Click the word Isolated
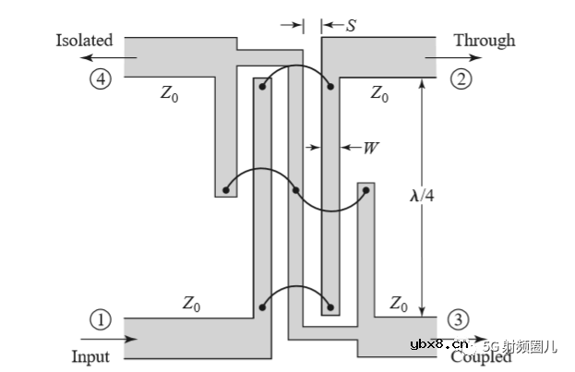point(84,41)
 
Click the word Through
point(485,41)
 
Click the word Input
point(90,356)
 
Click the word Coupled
point(483,356)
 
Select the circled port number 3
point(459,320)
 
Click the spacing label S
point(351,26)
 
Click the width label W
point(371,146)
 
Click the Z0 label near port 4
point(169,93)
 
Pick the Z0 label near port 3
point(399,302)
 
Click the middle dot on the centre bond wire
point(295,191)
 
